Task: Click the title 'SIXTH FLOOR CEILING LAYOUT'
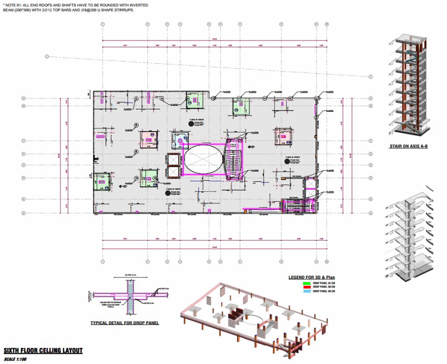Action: pyautogui.click(x=43, y=350)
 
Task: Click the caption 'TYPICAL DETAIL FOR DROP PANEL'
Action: pyautogui.click(x=124, y=323)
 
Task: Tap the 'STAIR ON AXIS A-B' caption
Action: pyautogui.click(x=408, y=146)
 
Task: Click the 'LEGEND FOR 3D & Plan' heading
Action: pyautogui.click(x=312, y=277)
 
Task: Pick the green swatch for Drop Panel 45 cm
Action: pyautogui.click(x=306, y=283)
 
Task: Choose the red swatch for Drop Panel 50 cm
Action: pyautogui.click(x=306, y=287)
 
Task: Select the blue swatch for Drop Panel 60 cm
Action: pyautogui.click(x=306, y=291)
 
